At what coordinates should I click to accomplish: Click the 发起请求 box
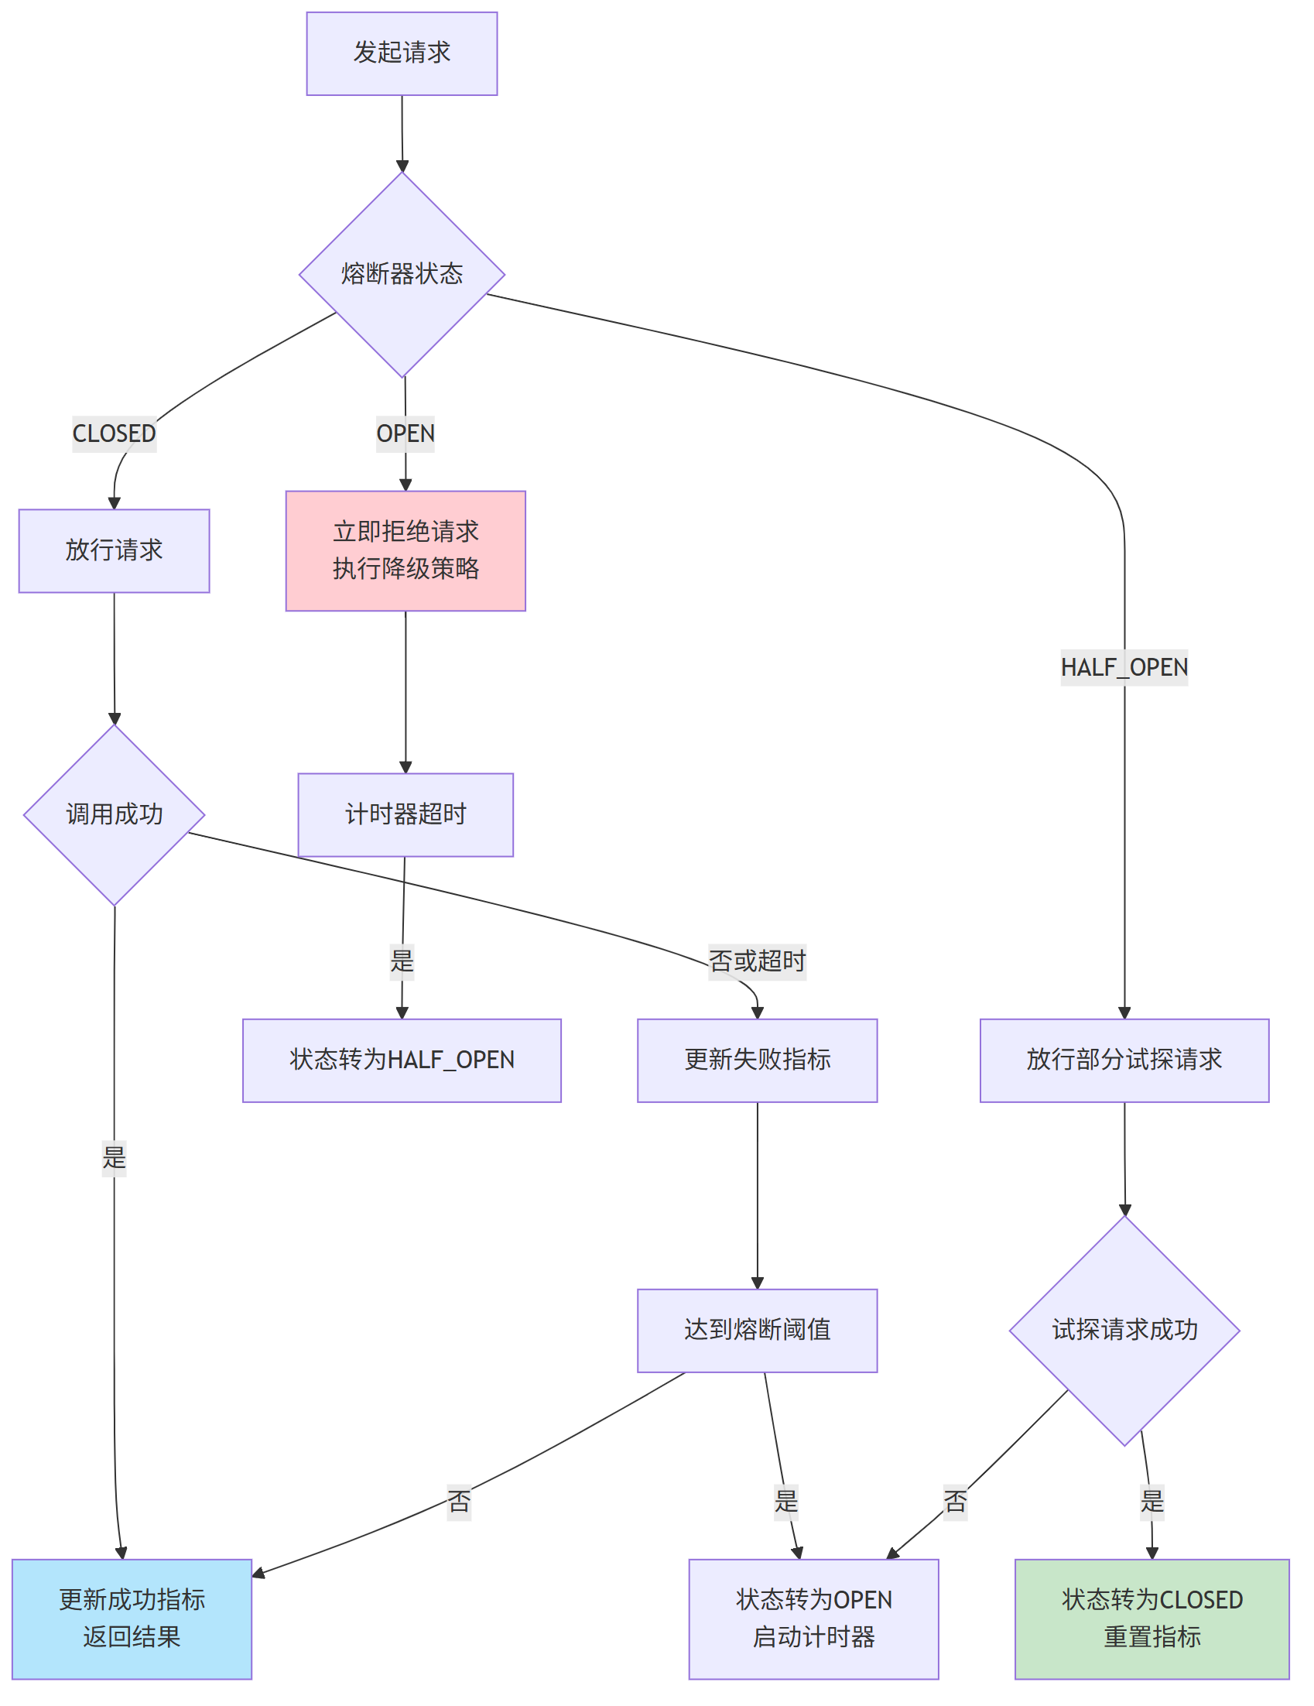[402, 53]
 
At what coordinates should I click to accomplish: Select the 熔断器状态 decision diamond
[402, 274]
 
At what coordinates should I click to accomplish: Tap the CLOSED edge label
[114, 433]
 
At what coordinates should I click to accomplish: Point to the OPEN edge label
[405, 433]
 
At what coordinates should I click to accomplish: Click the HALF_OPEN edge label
[1124, 667]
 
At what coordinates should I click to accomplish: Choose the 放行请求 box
[114, 550]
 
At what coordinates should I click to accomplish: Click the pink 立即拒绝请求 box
[405, 550]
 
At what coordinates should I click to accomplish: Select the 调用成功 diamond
[114, 815]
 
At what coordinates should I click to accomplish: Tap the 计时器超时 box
[405, 815]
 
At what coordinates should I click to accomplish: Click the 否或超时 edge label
[757, 961]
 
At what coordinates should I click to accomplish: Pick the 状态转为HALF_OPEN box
[402, 1060]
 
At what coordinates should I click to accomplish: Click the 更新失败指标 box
[757, 1060]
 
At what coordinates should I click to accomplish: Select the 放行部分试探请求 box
[1124, 1060]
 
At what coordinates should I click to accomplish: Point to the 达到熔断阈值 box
[757, 1331]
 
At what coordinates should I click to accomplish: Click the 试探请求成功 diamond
[1124, 1331]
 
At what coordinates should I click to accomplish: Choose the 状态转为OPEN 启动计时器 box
[813, 1619]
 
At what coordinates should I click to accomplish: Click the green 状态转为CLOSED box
[1151, 1619]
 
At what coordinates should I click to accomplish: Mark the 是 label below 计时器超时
[402, 961]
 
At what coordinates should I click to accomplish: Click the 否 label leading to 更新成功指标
[458, 1502]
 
